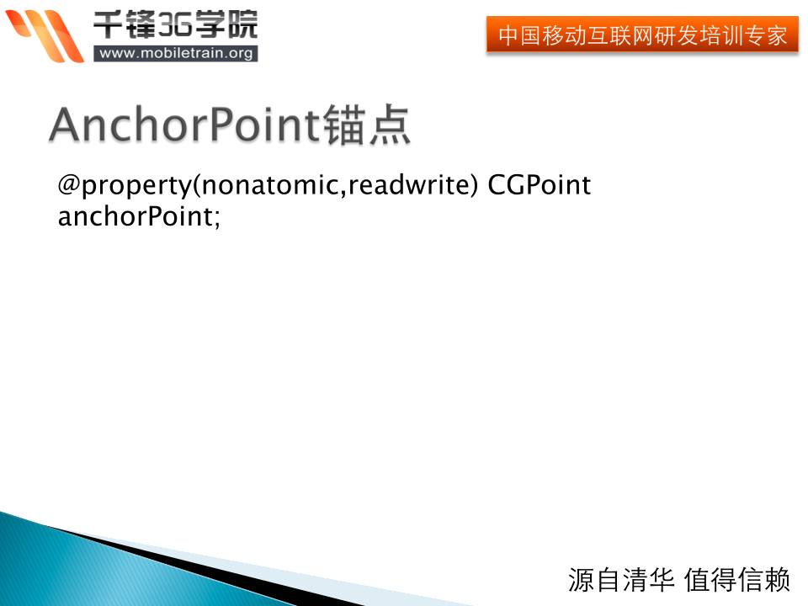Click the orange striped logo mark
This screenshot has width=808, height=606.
(x=45, y=35)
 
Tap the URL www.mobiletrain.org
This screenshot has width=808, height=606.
(x=176, y=53)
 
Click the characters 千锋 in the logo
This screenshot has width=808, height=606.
(x=125, y=24)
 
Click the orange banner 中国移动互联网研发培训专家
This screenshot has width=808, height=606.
(x=642, y=35)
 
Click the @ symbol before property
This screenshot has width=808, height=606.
(x=69, y=184)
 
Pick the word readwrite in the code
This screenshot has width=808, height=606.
(x=408, y=184)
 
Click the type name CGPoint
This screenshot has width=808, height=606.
(x=539, y=184)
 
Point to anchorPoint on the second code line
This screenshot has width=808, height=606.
(x=135, y=216)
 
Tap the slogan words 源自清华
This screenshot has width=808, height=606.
(x=621, y=580)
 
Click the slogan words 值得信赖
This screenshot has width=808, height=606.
(x=737, y=580)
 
